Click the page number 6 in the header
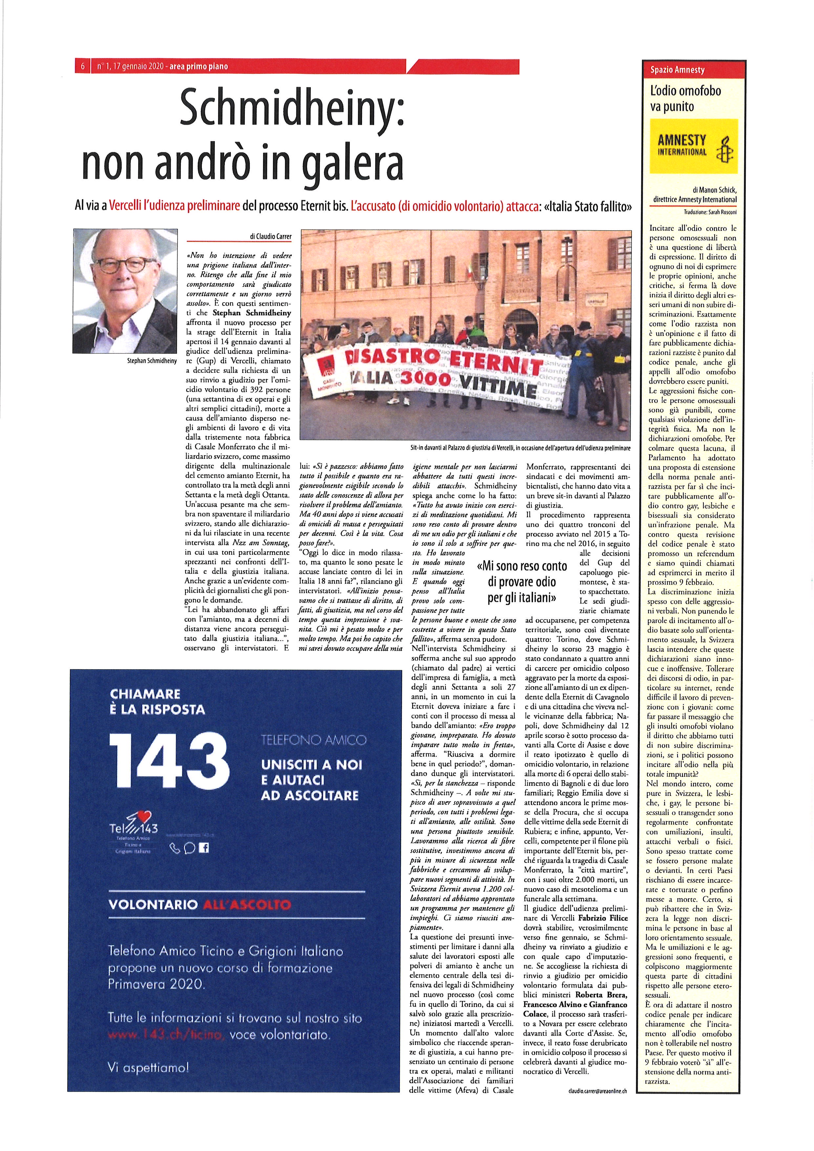click(x=82, y=67)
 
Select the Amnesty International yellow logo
click(x=694, y=146)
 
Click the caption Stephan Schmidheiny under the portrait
click(x=152, y=360)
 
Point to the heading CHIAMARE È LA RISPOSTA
click(x=158, y=702)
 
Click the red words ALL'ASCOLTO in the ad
click(x=247, y=905)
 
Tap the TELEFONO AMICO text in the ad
click(x=314, y=740)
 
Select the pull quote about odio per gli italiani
click(x=522, y=582)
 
